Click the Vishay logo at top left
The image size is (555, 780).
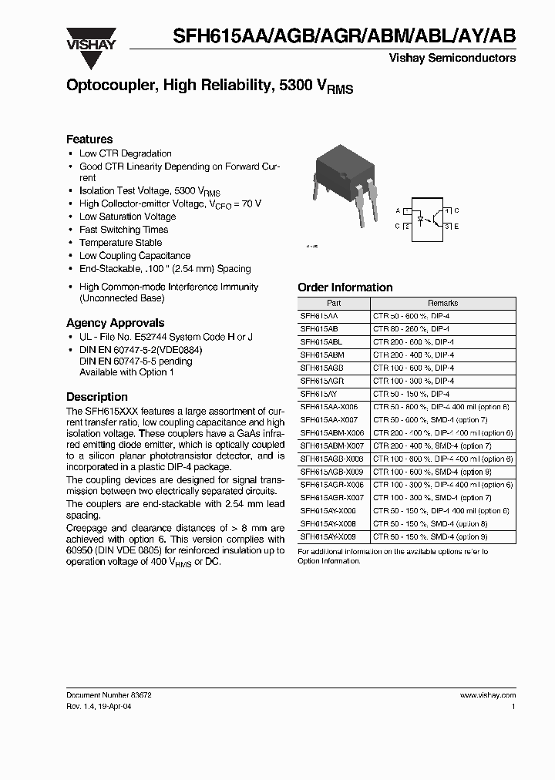tap(90, 39)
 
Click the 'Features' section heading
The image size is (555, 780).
tap(89, 140)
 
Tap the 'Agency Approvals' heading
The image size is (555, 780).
tap(115, 323)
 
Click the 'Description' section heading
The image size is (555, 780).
tap(97, 397)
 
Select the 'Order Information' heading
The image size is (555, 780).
tap(345, 287)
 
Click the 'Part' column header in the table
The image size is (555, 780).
tap(333, 304)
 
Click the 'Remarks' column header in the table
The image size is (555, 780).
tap(443, 304)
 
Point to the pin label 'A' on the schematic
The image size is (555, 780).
tap(398, 210)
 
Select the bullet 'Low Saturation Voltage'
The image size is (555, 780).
tap(127, 217)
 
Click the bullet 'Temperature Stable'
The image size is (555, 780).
tap(120, 243)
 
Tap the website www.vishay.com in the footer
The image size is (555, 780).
tap(487, 694)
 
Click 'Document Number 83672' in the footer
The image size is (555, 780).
tap(108, 694)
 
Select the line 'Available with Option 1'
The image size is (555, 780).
tap(126, 372)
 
